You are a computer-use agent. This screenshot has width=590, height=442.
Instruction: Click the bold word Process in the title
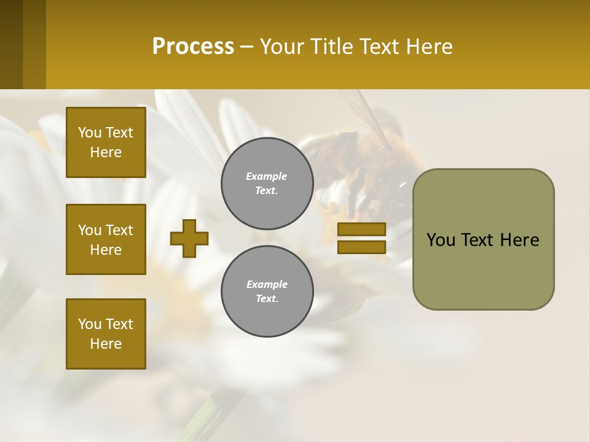coord(193,47)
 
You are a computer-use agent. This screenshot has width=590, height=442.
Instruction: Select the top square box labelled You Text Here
coord(106,142)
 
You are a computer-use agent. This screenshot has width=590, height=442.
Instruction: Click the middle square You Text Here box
coord(106,239)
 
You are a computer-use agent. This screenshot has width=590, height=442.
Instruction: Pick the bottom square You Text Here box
coord(106,334)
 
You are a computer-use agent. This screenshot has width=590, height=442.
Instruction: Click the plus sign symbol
coord(189,238)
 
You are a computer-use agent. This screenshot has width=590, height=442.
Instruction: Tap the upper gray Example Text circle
coord(267,184)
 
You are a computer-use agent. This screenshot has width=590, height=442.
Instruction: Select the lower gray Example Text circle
coord(267,292)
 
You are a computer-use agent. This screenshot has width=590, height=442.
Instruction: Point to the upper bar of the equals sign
coord(361,229)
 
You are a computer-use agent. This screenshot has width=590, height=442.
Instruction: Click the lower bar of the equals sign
coord(361,247)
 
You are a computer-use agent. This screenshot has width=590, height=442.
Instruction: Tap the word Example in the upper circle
coord(267,177)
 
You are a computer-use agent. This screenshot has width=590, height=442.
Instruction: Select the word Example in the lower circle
coord(267,285)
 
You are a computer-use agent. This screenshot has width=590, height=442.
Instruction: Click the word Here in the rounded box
coord(520,240)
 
